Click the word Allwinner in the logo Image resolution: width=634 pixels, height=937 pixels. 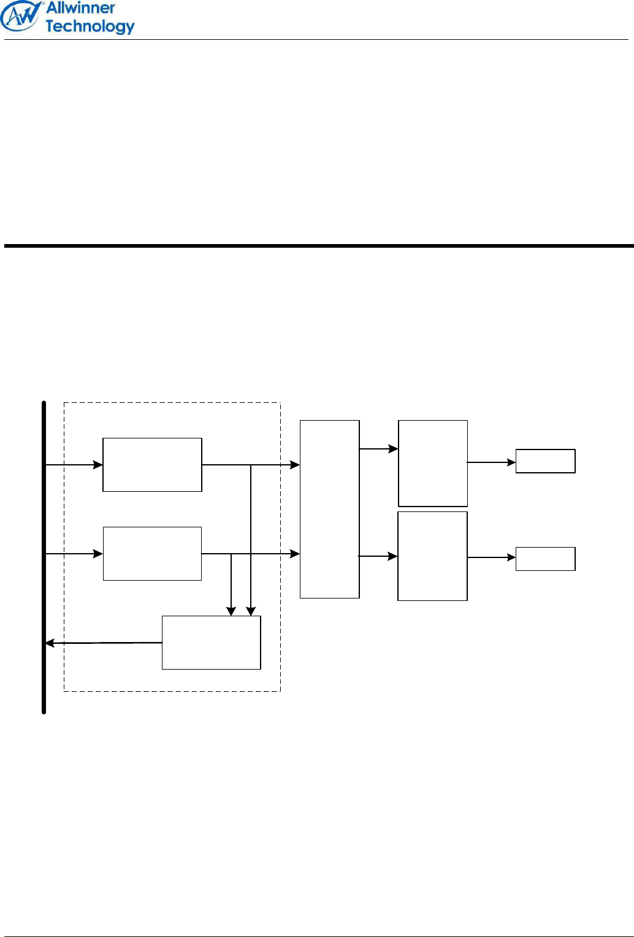click(80, 9)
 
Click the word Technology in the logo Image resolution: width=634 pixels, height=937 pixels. click(90, 26)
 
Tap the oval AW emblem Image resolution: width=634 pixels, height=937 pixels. click(21, 16)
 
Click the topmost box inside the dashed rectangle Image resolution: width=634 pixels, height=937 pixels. click(152, 465)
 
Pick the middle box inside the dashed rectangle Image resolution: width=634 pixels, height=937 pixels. click(152, 554)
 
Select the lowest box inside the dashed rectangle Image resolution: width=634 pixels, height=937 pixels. click(211, 643)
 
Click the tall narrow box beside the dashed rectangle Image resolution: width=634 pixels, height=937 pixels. click(329, 509)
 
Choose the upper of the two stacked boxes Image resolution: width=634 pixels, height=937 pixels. click(433, 463)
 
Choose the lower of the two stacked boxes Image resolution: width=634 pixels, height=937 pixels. click(432, 556)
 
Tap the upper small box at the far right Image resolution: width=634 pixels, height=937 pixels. click(545, 461)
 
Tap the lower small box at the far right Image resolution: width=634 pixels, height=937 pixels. click(545, 559)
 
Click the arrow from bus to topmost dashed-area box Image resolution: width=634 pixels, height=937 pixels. click(74, 465)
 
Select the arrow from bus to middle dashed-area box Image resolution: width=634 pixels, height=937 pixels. click(74, 554)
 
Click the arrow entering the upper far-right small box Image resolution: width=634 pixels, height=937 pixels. click(491, 462)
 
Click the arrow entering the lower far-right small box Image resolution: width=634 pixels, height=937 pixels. click(491, 557)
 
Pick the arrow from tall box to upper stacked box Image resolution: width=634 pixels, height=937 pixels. click(378, 449)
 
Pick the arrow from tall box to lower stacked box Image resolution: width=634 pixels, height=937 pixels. click(378, 556)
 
